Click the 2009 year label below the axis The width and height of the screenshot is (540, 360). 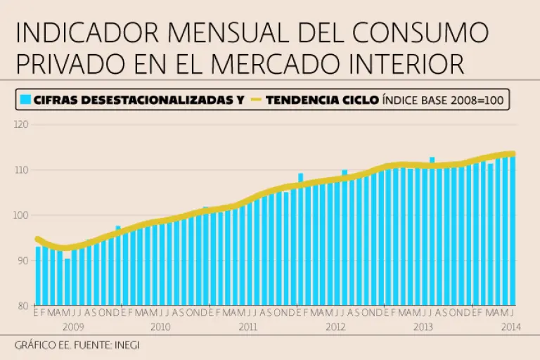coord(74,327)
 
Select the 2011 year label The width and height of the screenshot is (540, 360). coord(247,327)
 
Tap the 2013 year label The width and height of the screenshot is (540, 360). coord(423,327)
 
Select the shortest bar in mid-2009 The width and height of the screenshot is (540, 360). coord(67,281)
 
